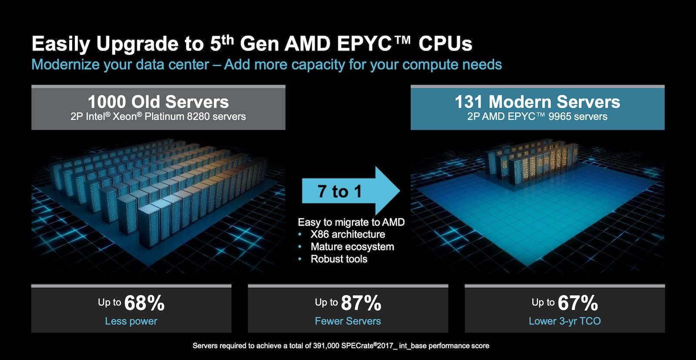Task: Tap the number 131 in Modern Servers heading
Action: tap(469, 102)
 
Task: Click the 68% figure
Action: tap(144, 303)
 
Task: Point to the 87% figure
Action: tap(361, 303)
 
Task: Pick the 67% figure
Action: tap(578, 303)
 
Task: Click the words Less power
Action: tap(131, 321)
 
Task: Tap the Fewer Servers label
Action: tap(348, 321)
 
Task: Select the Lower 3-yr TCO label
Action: tap(565, 321)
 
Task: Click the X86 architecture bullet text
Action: tap(348, 234)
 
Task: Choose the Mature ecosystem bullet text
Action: tap(352, 247)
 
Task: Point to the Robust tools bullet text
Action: tap(339, 259)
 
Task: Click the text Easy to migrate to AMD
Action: tap(351, 222)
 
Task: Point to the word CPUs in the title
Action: tap(445, 44)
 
